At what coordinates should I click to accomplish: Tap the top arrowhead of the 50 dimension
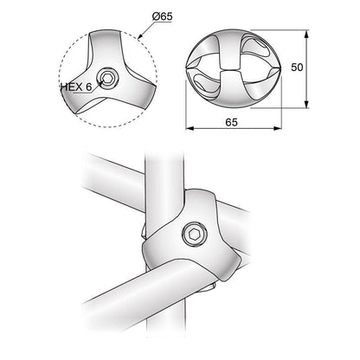tap(307, 37)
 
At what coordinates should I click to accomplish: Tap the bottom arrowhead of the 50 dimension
tap(307, 105)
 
